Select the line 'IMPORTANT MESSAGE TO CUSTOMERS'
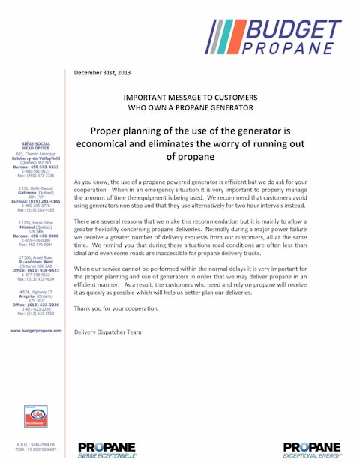tap(190, 98)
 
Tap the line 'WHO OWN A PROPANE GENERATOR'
tap(190, 108)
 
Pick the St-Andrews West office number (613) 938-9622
tap(31, 270)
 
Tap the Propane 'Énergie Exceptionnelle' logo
tap(107, 449)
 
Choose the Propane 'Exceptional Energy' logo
tap(312, 449)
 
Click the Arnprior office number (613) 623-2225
tap(31, 305)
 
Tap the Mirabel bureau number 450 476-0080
tap(31, 236)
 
